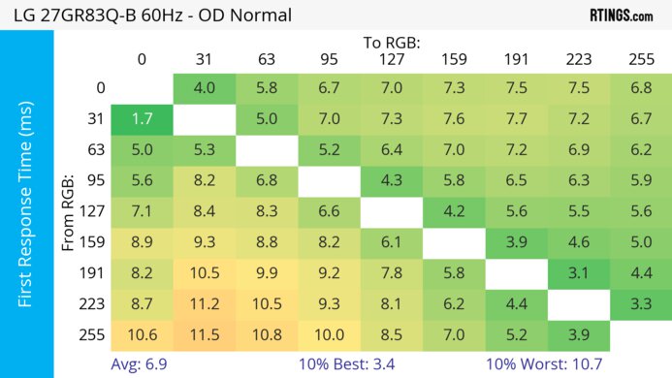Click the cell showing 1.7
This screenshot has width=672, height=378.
pyautogui.click(x=142, y=120)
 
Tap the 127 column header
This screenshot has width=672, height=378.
pyautogui.click(x=393, y=59)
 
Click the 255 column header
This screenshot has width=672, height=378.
pyautogui.click(x=641, y=59)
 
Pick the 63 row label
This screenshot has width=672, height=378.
pyautogui.click(x=99, y=151)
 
